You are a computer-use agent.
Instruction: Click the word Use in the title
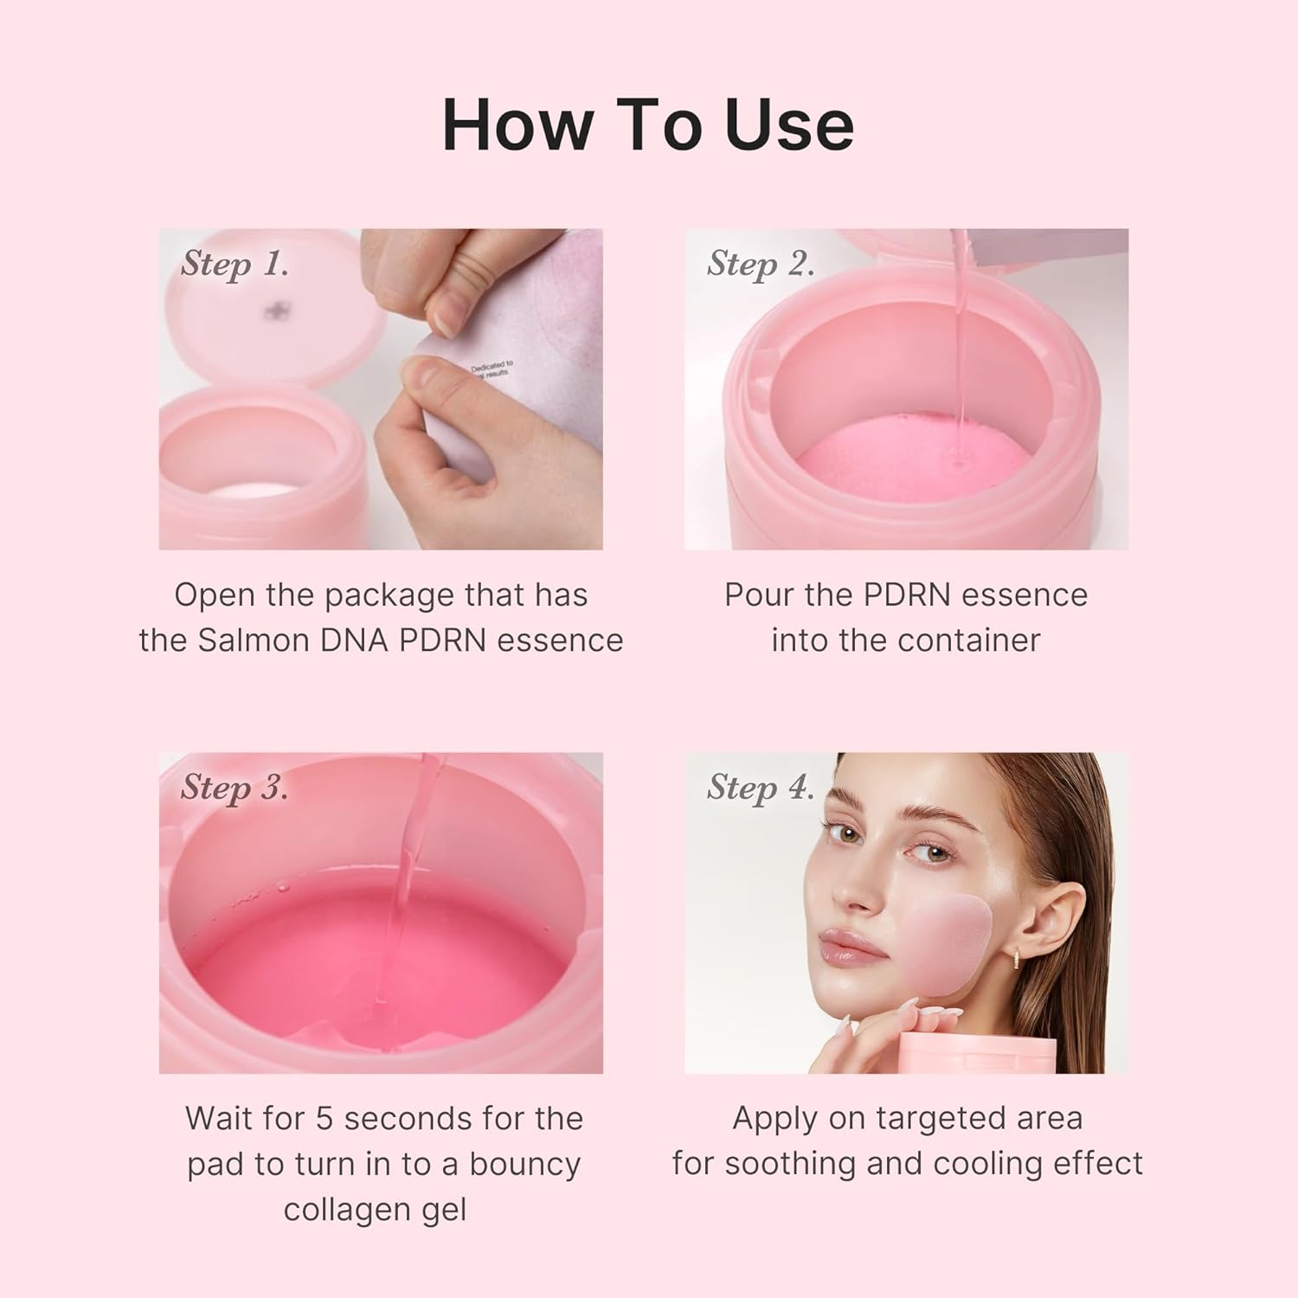point(789,125)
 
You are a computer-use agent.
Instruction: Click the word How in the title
point(517,125)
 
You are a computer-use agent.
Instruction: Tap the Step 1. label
point(235,264)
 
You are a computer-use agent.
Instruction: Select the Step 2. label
point(761,264)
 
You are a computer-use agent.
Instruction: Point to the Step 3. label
point(235,787)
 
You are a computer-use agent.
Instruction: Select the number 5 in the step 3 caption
point(324,1118)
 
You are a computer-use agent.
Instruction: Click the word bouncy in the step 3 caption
point(524,1165)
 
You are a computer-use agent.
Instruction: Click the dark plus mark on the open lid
point(275,310)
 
